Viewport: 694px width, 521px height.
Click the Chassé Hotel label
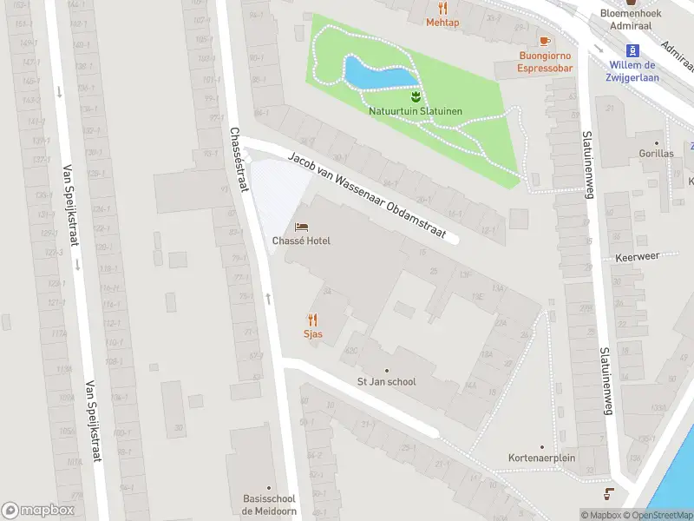coord(301,241)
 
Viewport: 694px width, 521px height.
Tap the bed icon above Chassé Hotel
coord(301,227)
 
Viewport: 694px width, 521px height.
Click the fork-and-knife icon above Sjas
coord(312,320)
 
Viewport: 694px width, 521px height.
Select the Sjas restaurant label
coord(312,333)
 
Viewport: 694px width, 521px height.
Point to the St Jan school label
coord(387,381)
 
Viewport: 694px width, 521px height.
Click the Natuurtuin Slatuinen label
coord(415,111)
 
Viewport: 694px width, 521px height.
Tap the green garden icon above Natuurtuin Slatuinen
coord(415,96)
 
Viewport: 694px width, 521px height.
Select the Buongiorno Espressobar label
coord(545,62)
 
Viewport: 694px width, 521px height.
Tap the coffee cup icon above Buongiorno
coord(545,40)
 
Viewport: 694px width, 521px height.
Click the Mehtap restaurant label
coord(442,23)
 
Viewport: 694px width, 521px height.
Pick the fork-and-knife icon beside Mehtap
coord(442,9)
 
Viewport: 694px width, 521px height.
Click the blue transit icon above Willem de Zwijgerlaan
coord(632,49)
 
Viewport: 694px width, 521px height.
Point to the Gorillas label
coord(656,154)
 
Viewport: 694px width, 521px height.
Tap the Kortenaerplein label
coord(542,458)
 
